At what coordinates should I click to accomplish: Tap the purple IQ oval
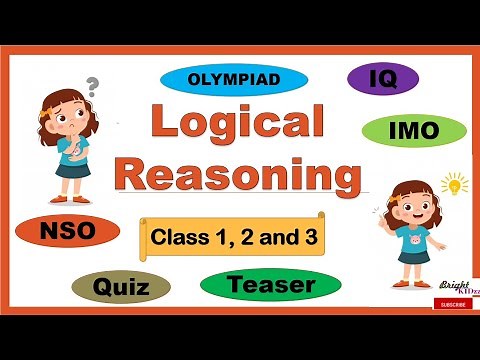[x=383, y=79]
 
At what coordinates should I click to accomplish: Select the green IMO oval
[x=413, y=130]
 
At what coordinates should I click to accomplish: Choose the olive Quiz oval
[x=121, y=288]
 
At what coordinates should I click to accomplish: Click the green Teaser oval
[x=271, y=285]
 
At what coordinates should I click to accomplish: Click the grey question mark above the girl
[x=94, y=85]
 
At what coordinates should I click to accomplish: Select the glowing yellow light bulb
[x=455, y=185]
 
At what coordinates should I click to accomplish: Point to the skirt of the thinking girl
[x=71, y=169]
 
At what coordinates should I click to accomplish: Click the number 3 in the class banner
[x=299, y=238]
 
